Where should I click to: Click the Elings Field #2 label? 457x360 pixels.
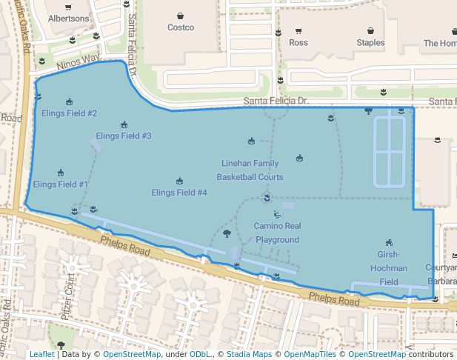69,113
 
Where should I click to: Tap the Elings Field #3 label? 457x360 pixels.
124,136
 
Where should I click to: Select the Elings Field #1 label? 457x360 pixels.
61,184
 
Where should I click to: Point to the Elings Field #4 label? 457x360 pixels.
179,193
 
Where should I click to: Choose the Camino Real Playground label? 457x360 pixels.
277,233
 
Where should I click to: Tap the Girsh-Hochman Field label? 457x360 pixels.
389,268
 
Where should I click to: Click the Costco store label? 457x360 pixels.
180,27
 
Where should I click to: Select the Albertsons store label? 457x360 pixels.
67,17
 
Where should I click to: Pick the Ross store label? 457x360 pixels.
298,43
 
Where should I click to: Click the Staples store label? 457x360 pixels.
370,43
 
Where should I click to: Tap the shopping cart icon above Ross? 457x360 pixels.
298,31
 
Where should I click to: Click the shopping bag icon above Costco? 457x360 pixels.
180,16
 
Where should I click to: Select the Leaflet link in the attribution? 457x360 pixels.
41,355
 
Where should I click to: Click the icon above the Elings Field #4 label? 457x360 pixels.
179,181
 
